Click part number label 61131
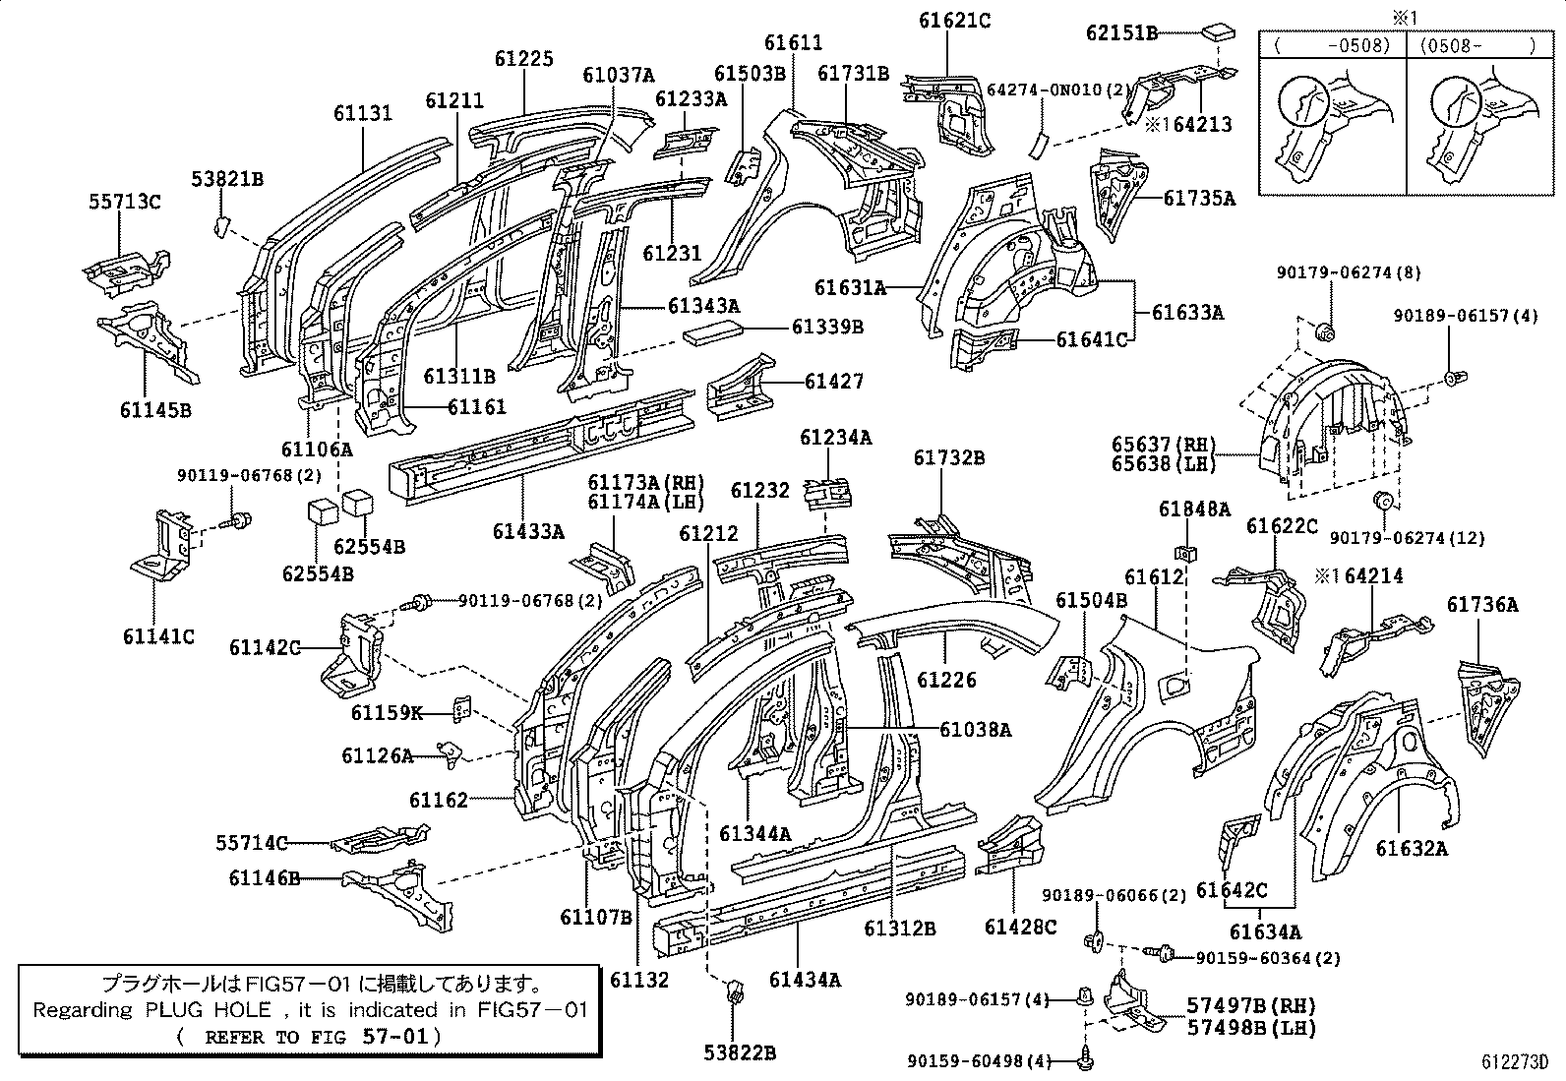(362, 113)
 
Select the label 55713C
(124, 204)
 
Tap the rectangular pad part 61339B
(714, 332)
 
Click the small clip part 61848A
(1186, 551)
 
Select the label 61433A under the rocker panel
(528, 532)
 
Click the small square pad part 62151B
(1218, 31)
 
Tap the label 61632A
(1411, 848)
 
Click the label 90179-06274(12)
(1407, 538)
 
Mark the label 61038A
(975, 729)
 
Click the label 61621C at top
(954, 20)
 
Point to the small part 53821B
(220, 228)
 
